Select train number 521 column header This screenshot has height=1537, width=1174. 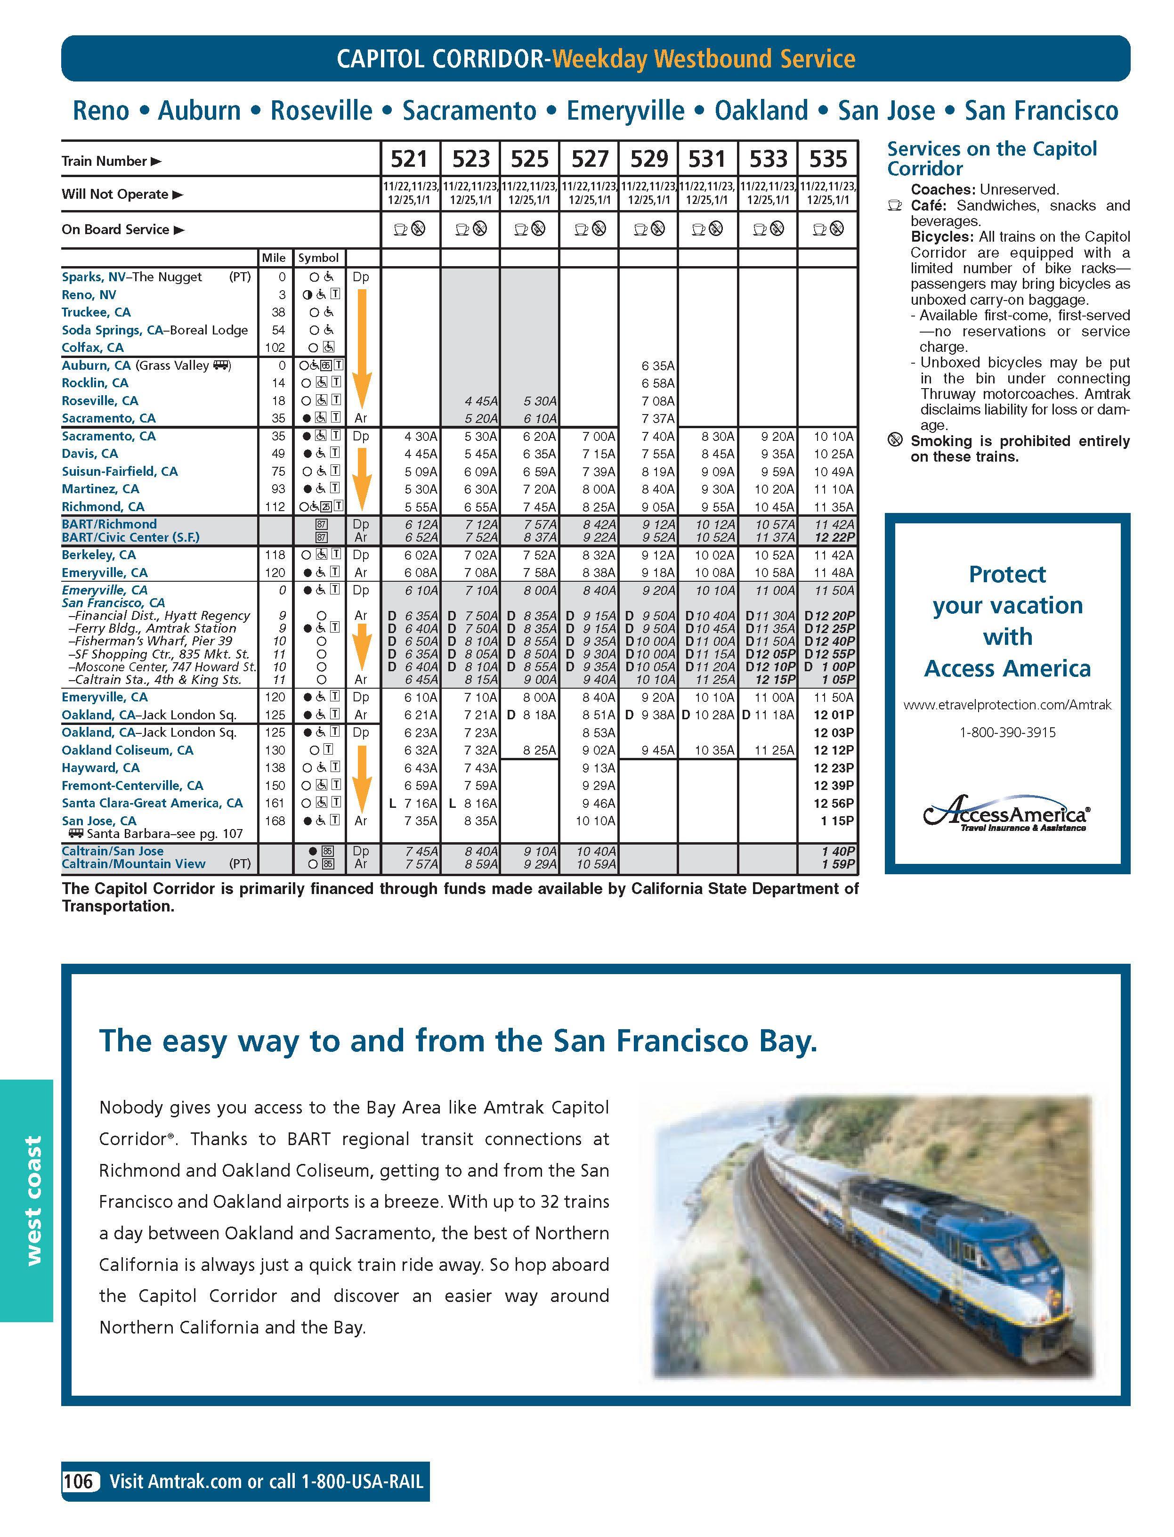pyautogui.click(x=409, y=159)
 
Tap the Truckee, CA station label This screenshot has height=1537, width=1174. pyautogui.click(x=96, y=312)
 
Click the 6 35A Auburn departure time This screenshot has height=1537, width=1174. pyautogui.click(x=657, y=366)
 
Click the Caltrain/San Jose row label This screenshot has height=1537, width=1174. pyautogui.click(x=113, y=851)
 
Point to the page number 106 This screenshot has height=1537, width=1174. pyautogui.click(x=78, y=1481)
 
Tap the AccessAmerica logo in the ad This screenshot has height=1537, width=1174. pyautogui.click(x=1006, y=815)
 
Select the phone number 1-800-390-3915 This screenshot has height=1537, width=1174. pyautogui.click(x=1007, y=732)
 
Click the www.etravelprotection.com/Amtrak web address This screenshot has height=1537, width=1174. pyautogui.click(x=1007, y=705)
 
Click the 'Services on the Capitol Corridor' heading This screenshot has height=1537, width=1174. pyautogui.click(x=992, y=159)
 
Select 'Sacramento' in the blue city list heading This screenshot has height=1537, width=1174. pyautogui.click(x=469, y=110)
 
